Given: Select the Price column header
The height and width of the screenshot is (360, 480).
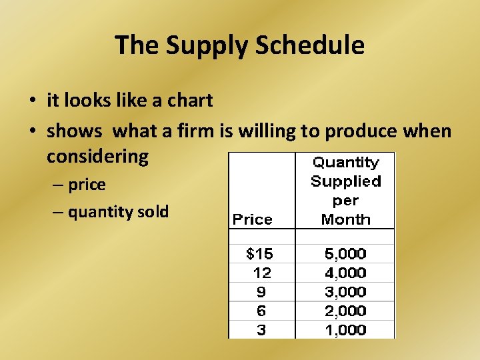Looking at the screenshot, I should pos(252,219).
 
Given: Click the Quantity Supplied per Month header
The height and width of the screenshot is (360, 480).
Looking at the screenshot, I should pos(345,191).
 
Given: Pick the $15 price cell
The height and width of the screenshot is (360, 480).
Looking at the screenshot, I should pos(259,254).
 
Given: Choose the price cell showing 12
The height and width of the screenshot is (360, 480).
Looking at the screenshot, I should pos(262,273).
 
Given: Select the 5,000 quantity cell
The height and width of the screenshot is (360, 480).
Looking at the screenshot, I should pos(345,254).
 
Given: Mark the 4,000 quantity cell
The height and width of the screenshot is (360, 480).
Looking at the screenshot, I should pos(345,273).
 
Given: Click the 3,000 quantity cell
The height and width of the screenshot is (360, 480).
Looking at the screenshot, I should pos(345,291).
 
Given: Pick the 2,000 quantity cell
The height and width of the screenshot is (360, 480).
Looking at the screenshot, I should pos(345,311).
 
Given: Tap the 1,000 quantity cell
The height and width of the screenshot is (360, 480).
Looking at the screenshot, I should pos(345,329).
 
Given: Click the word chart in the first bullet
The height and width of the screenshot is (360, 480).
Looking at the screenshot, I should pos(191,101).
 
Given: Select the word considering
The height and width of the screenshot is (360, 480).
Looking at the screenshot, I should pos(97,157).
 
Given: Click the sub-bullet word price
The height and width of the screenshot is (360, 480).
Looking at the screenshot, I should pos(87,185).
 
